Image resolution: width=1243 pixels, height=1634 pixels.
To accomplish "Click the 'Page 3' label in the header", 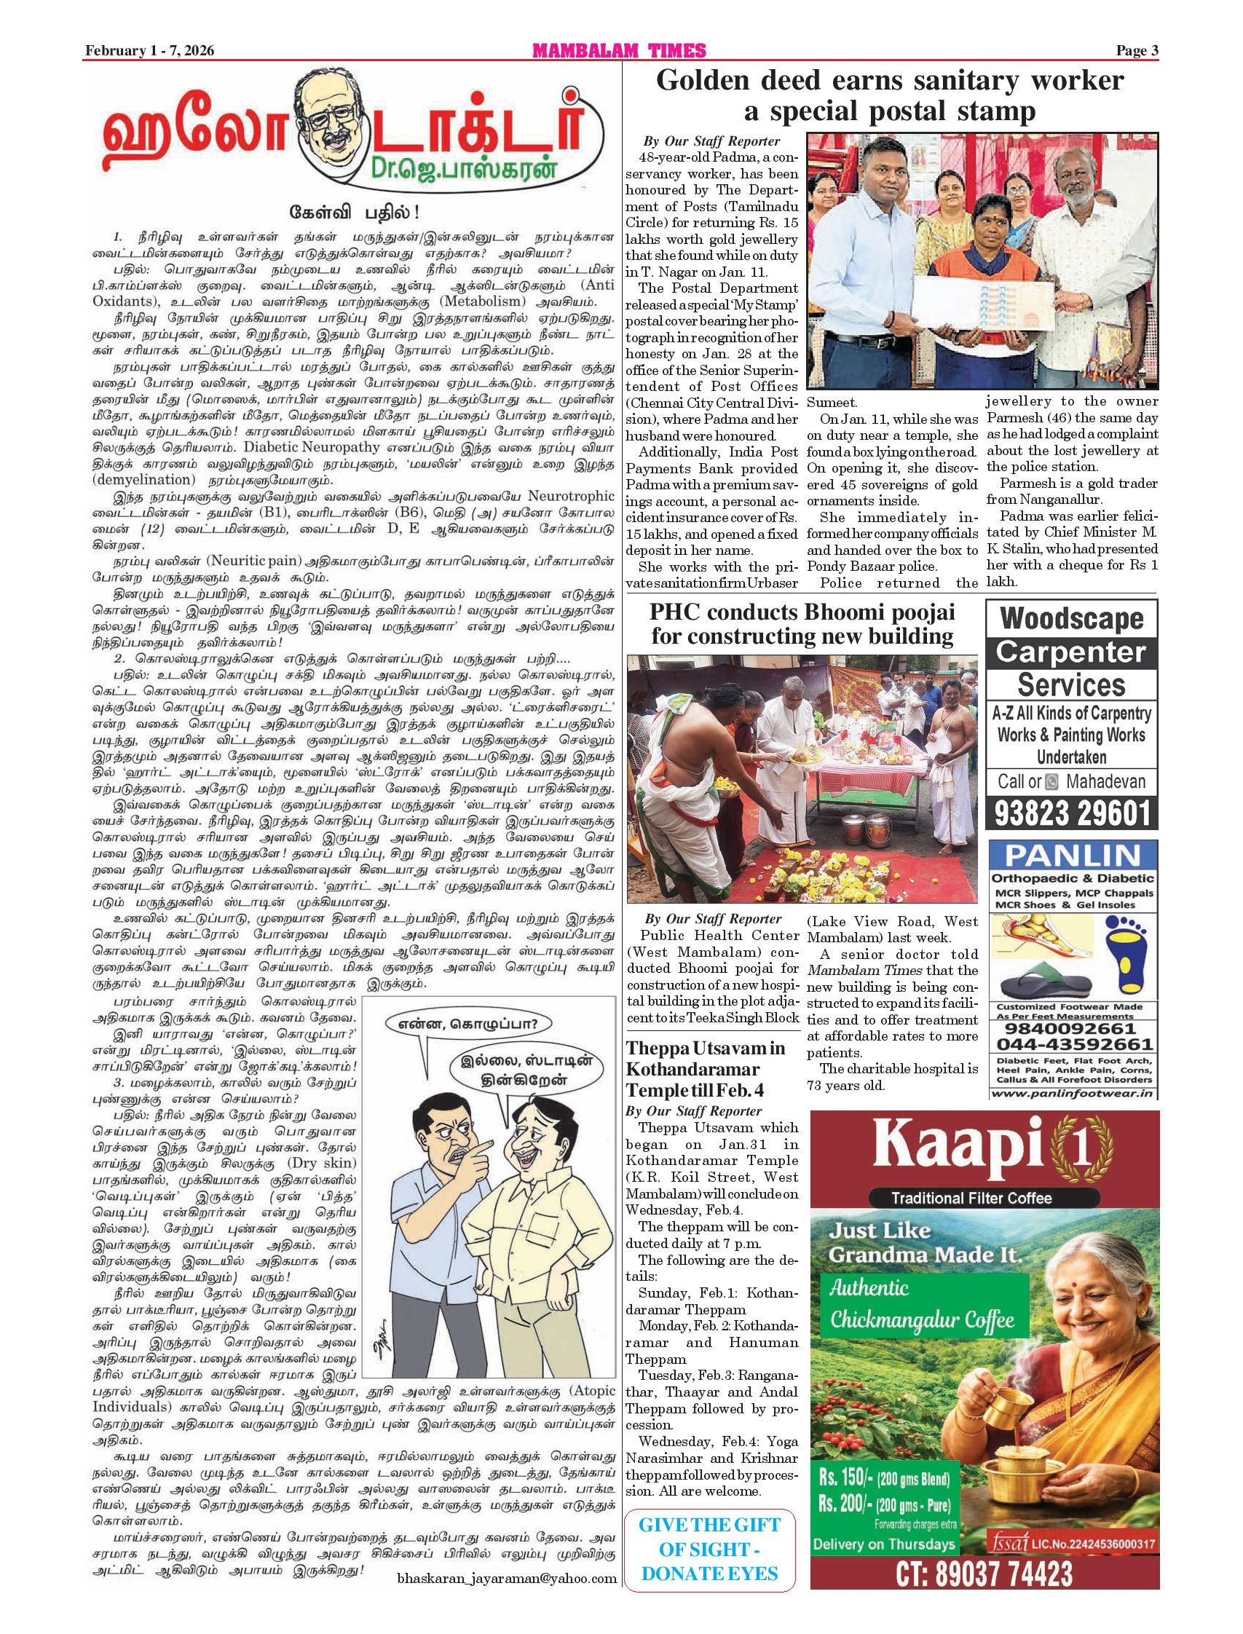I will pos(1137,51).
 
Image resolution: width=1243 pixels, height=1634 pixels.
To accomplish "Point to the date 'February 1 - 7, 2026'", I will pos(149,51).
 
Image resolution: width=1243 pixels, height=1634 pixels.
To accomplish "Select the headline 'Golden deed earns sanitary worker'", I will pos(890,81).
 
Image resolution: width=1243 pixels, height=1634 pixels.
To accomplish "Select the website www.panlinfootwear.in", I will pos(1073,1093).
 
